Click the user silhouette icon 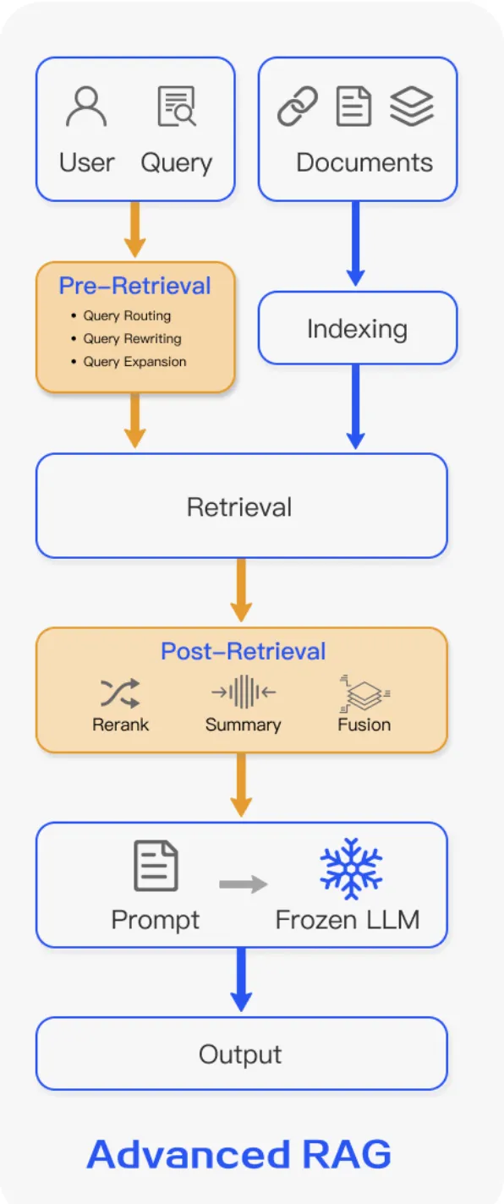point(86,107)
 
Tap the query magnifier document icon point(176,107)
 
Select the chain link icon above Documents point(298,107)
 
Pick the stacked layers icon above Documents point(412,107)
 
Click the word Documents point(364,162)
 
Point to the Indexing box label point(357,329)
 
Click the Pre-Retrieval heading point(134,286)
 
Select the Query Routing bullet point(126,316)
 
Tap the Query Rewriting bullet point(131,339)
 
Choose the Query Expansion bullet point(134,362)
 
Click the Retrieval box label point(239,507)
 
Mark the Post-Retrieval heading point(243,652)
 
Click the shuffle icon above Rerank point(120,693)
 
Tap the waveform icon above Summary point(244,692)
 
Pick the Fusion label point(364,725)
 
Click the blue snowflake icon point(351,868)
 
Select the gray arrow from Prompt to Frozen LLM point(243,884)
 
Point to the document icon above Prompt point(156,867)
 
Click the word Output point(240,1054)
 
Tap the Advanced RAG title point(239,1154)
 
